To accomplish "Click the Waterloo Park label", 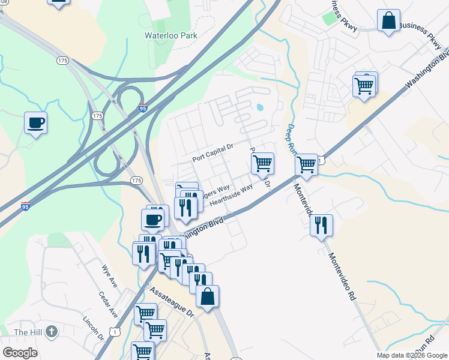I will [171, 35].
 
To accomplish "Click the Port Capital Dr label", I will [212, 156].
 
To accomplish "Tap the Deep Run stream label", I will [291, 137].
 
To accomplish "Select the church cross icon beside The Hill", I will [52, 331].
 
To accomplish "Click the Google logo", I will [20, 353].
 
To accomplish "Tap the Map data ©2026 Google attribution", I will [411, 355].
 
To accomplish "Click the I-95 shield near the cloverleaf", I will [142, 108].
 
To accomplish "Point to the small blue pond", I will [259, 109].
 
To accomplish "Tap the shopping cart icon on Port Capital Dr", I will [262, 163].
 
